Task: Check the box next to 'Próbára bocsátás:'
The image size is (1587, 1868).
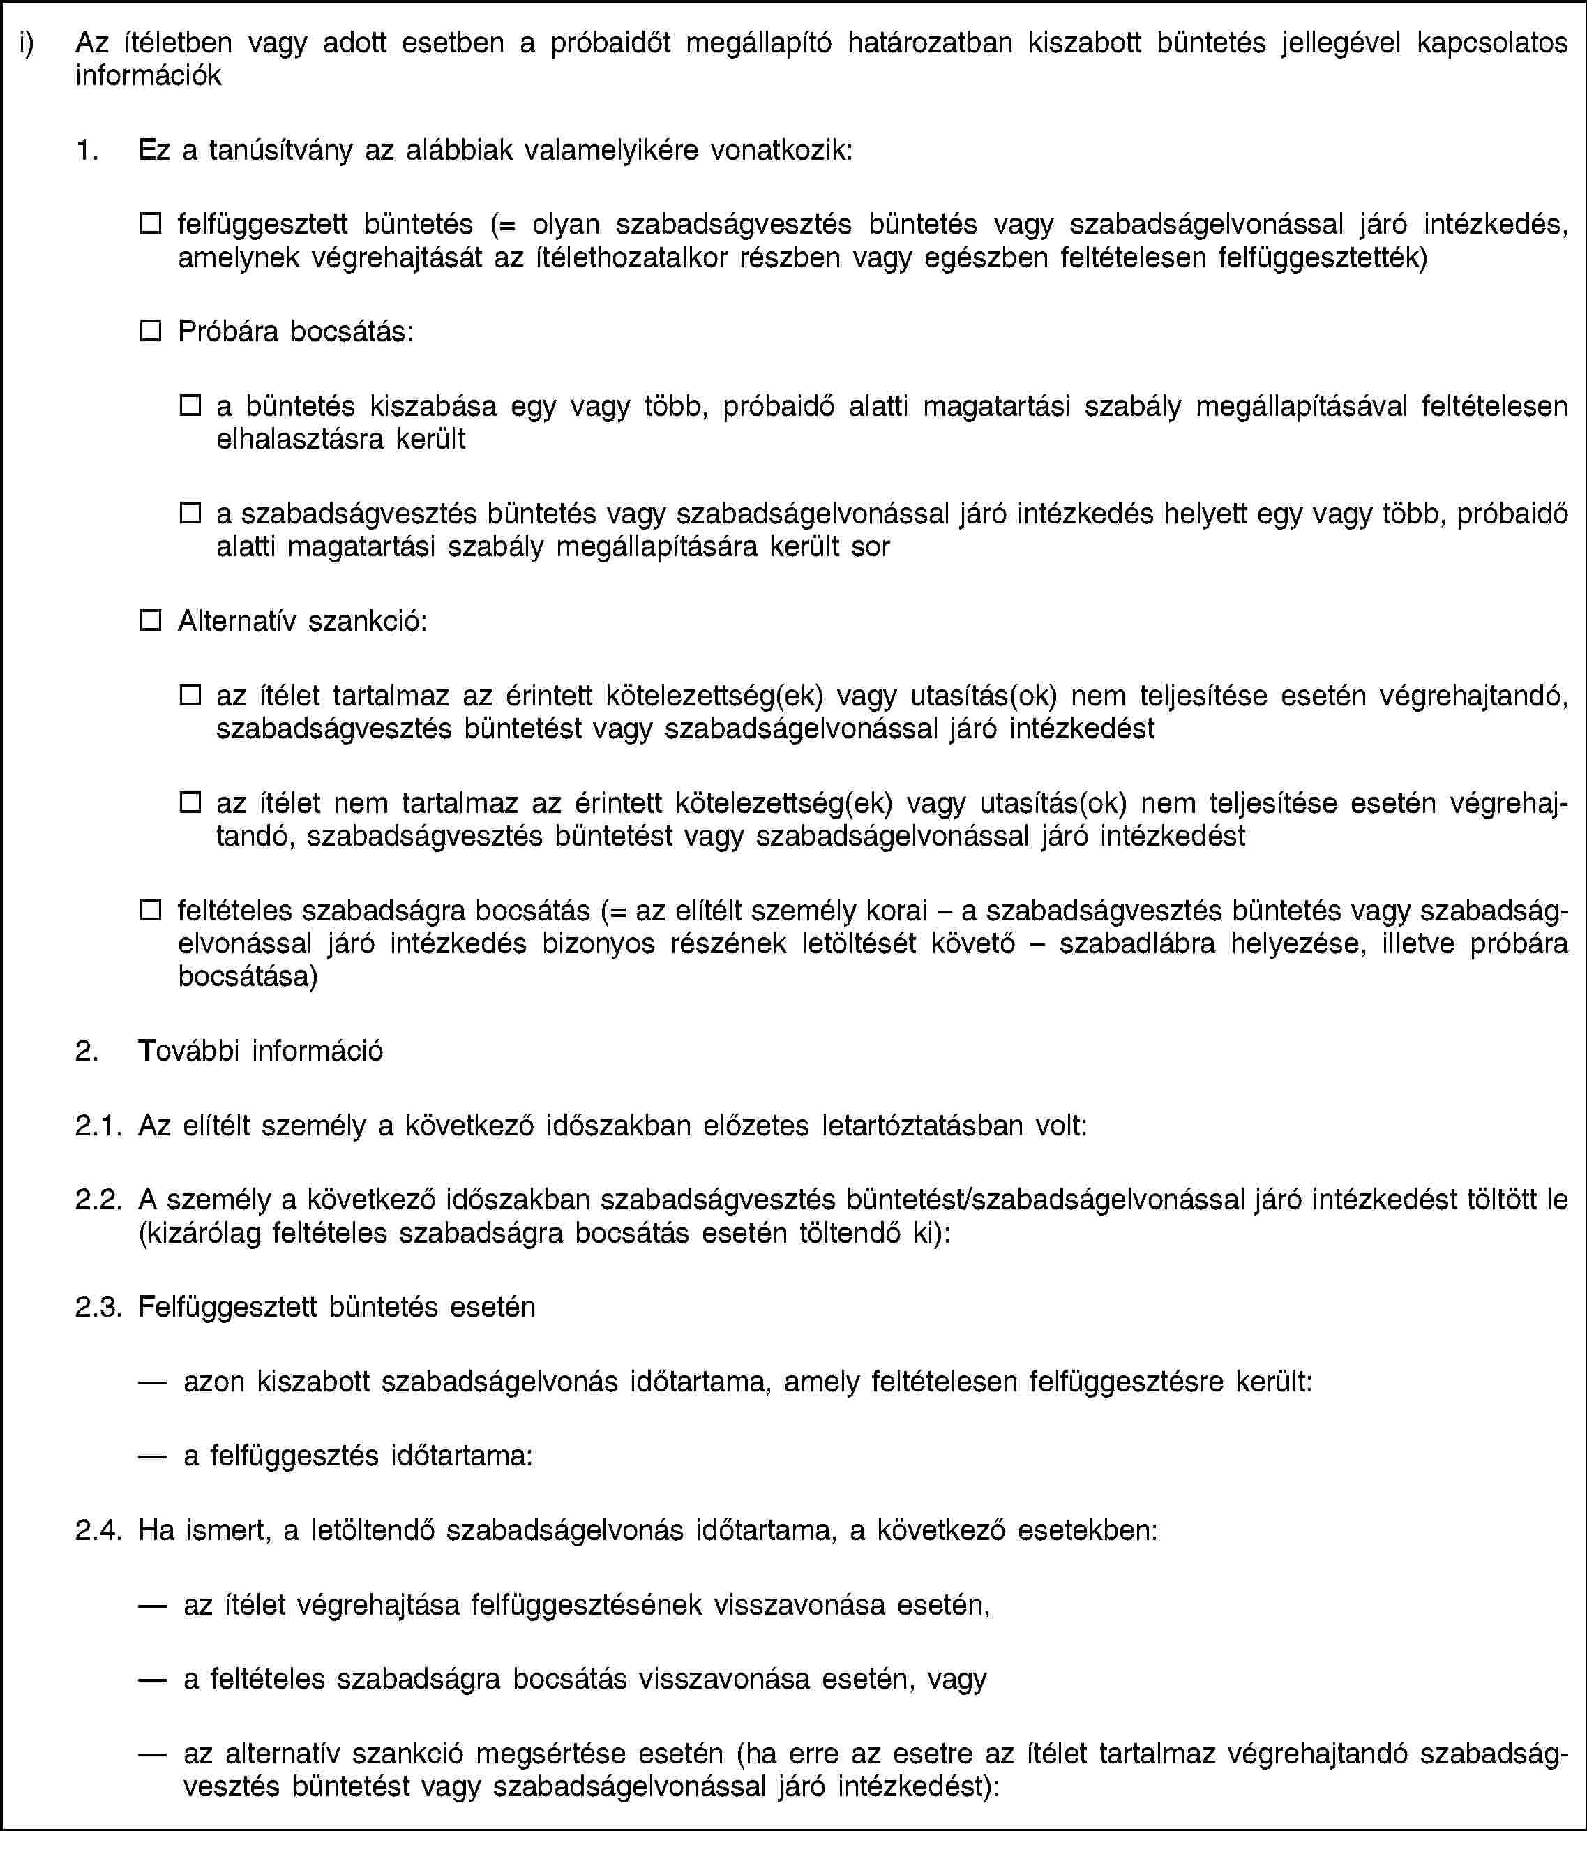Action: coord(149,331)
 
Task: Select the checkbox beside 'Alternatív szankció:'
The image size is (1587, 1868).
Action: coord(149,620)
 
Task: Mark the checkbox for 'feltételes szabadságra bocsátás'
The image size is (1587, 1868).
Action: coord(149,910)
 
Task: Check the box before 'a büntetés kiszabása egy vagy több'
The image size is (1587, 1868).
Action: coord(189,406)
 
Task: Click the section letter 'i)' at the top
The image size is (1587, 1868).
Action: coord(28,43)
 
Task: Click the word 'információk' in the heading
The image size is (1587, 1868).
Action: coord(149,75)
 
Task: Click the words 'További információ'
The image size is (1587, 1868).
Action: coord(261,1050)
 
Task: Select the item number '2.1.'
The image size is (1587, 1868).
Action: coord(97,1126)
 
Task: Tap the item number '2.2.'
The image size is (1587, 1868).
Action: coord(97,1200)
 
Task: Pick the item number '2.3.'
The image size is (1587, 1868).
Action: coord(97,1306)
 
